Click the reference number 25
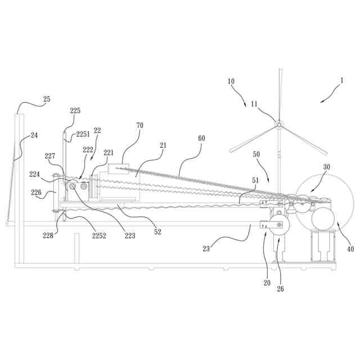click(x=47, y=99)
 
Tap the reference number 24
click(x=34, y=135)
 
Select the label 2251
click(x=83, y=134)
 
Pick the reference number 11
click(x=254, y=103)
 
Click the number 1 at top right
click(x=341, y=80)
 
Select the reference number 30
click(x=327, y=167)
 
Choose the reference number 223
click(x=130, y=236)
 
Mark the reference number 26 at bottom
click(x=280, y=290)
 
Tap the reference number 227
click(x=50, y=156)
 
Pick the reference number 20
click(x=267, y=283)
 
